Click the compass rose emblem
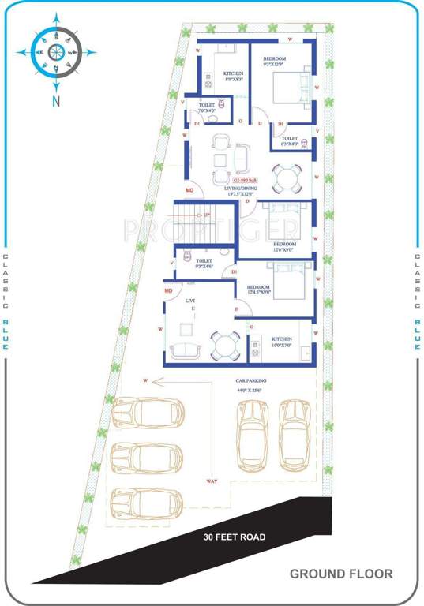(x=56, y=52)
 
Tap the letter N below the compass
(x=56, y=100)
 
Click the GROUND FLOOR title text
(x=340, y=574)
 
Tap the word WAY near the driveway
(x=212, y=481)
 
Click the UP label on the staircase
(x=207, y=215)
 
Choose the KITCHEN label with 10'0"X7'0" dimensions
(x=283, y=341)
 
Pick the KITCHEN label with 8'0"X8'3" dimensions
(x=233, y=76)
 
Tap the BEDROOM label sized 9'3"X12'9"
(x=275, y=62)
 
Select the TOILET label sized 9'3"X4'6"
(x=204, y=264)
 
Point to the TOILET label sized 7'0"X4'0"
(x=208, y=108)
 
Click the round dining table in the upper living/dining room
(x=286, y=178)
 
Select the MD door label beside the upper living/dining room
(x=189, y=190)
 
